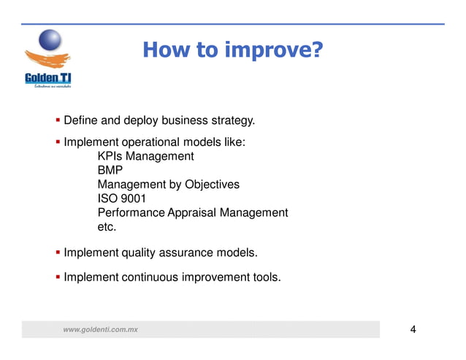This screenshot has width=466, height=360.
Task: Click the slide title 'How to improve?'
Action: click(x=232, y=50)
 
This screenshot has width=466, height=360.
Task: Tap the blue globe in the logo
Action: click(x=49, y=41)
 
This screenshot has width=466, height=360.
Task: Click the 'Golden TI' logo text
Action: click(x=47, y=77)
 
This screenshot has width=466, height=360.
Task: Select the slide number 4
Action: click(x=413, y=330)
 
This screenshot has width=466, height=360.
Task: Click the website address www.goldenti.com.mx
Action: click(x=100, y=331)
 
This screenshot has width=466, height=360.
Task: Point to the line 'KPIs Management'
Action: click(x=145, y=156)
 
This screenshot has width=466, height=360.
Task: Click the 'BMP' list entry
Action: click(x=110, y=170)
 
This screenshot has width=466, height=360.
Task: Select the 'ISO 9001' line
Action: click(x=122, y=199)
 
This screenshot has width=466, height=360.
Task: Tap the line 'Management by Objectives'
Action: click(x=168, y=185)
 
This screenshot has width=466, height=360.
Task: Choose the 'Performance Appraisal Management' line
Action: click(x=192, y=212)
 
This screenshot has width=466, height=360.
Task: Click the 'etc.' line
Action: click(x=107, y=227)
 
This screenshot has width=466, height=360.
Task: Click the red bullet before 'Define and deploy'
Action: click(x=58, y=120)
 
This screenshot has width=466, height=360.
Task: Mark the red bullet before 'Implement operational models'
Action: click(x=58, y=142)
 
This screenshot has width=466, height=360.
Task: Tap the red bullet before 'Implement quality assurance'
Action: click(x=58, y=253)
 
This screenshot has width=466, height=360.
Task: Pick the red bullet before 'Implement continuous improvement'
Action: click(x=58, y=277)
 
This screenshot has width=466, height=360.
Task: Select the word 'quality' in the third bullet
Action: click(x=140, y=253)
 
